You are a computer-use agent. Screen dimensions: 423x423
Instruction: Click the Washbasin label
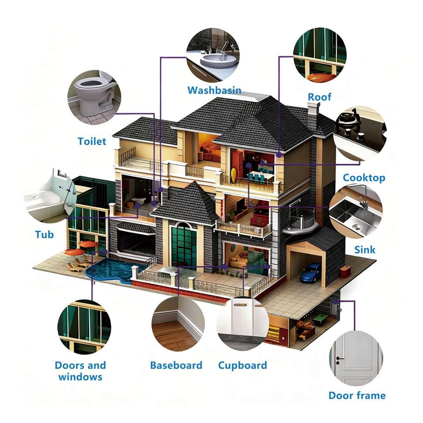tap(214, 90)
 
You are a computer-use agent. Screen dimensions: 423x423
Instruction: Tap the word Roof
tap(319, 97)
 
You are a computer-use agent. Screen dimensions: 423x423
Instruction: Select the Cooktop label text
tap(364, 178)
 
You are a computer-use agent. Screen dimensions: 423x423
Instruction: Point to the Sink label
tap(365, 250)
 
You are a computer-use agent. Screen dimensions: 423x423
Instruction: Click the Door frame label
tap(357, 395)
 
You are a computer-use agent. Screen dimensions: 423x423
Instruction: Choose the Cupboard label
tap(242, 365)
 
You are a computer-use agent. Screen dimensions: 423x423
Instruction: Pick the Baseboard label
tap(176, 365)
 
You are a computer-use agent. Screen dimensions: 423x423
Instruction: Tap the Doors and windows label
tap(80, 371)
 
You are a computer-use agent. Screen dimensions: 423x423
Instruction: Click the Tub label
tap(45, 234)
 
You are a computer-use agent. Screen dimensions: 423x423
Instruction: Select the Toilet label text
tap(92, 141)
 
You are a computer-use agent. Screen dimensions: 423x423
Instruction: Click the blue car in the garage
tap(311, 272)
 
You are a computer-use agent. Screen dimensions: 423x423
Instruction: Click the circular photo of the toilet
tap(94, 97)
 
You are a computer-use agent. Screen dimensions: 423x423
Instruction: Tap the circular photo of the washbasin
tap(213, 55)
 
